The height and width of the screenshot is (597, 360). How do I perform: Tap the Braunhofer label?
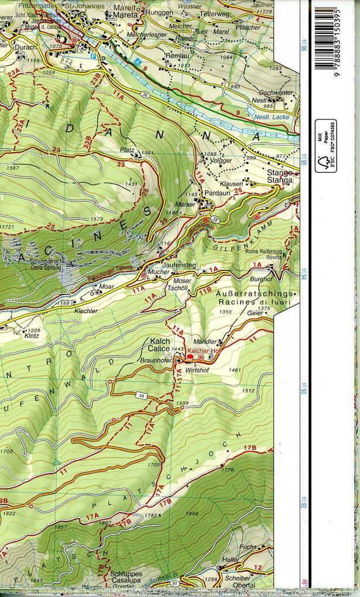[156, 361]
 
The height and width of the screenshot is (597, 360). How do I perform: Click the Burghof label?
[261, 279]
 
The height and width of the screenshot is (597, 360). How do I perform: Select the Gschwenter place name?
[276, 92]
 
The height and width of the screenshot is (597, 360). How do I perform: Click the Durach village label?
[25, 47]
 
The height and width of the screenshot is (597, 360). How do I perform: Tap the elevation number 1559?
[182, 403]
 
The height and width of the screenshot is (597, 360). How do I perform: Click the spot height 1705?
[154, 464]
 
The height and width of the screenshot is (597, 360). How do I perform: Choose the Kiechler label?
[85, 311]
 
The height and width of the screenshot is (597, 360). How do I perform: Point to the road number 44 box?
[142, 396]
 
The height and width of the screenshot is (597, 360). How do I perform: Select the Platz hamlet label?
[127, 150]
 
